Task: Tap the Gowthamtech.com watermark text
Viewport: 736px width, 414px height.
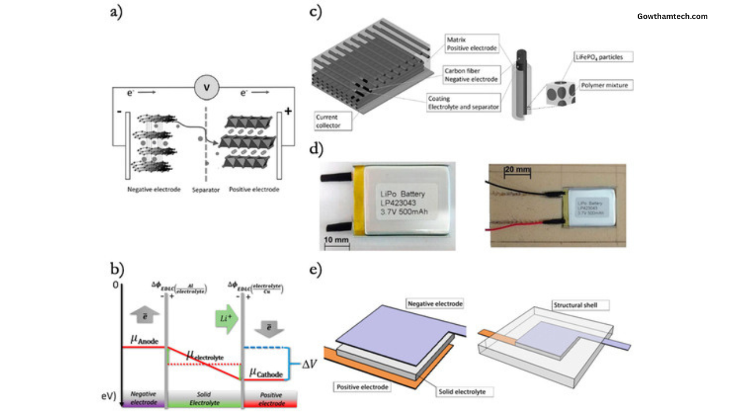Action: coord(672,16)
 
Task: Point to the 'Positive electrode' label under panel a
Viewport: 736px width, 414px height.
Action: coord(254,189)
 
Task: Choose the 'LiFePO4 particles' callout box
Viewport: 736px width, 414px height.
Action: coord(603,57)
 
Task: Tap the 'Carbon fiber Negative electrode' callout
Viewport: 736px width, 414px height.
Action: coord(471,74)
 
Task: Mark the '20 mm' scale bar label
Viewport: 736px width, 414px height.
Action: coord(516,170)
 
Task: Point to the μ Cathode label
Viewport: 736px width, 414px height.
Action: coord(267,373)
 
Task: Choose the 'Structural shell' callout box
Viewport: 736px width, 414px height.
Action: coord(572,304)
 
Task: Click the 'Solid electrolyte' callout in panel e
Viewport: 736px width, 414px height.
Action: coord(467,391)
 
